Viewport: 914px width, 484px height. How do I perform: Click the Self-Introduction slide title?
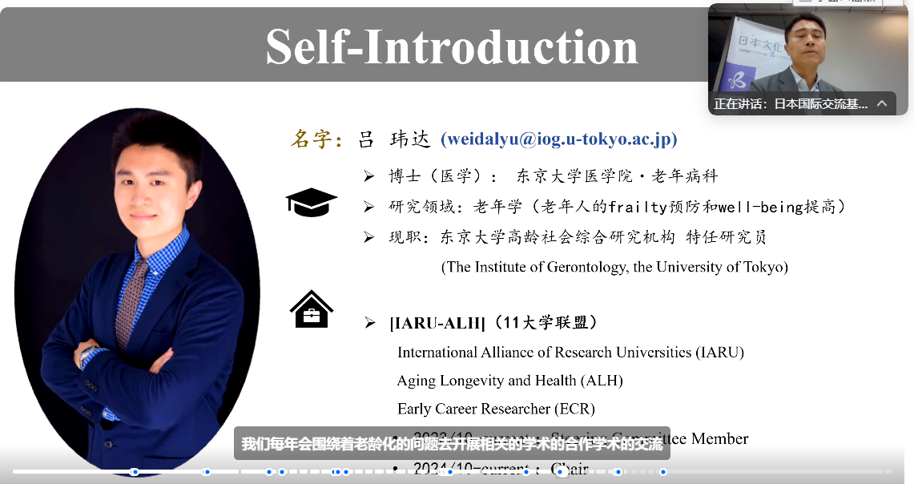452,46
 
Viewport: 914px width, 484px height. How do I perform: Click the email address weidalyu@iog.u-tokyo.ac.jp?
559,139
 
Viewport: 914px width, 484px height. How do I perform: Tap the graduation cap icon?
311,203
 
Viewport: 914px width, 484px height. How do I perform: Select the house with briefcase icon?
311,309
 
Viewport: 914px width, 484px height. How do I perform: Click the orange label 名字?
316,139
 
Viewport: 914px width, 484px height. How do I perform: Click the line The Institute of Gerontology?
614,267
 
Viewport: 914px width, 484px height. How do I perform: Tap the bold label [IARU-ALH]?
437,323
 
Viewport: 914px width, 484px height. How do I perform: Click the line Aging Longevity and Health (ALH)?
509,381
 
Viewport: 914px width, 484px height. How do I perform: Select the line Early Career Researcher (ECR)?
496,409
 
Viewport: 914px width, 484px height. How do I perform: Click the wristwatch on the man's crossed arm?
87,356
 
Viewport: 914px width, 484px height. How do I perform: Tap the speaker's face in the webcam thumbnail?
805,40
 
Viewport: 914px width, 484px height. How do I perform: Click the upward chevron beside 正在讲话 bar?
882,103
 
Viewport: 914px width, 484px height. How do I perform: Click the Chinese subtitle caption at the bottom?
452,443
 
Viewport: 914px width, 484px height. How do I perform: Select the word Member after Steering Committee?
719,438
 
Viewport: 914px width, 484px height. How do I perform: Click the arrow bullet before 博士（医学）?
368,176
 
